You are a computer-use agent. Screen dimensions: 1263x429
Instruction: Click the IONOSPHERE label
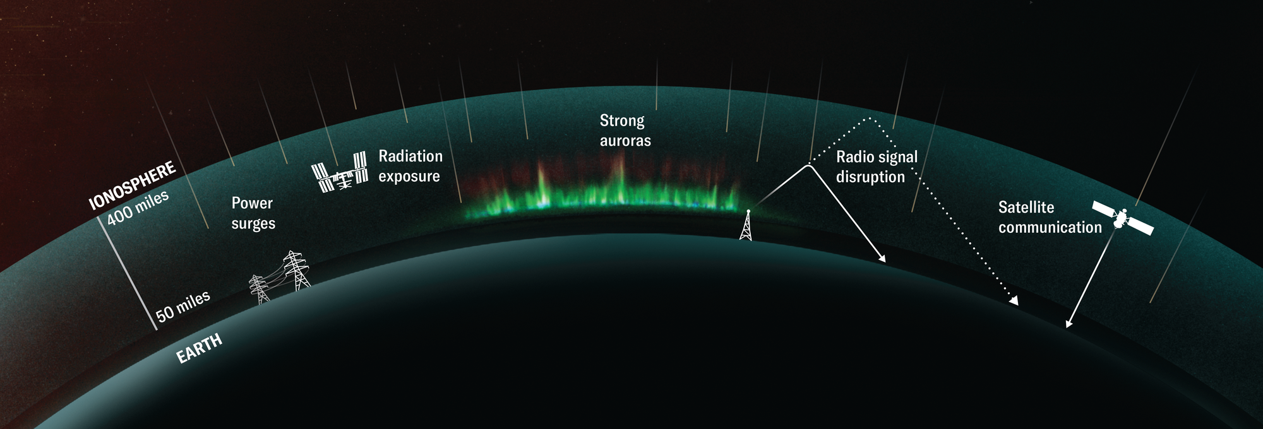click(x=133, y=185)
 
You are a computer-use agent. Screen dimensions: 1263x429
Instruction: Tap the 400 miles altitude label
click(x=138, y=208)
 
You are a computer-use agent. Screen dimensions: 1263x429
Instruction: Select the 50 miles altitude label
click(x=183, y=306)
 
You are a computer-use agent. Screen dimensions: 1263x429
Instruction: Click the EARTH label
click(x=199, y=348)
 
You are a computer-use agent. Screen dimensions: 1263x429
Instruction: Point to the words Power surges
click(x=253, y=213)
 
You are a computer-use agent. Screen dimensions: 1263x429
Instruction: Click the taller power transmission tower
click(x=296, y=270)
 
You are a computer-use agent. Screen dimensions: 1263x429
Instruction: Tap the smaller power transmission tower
click(x=259, y=290)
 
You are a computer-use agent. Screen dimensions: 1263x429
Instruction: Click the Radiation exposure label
click(x=410, y=166)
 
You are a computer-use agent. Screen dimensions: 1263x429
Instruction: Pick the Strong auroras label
click(x=625, y=130)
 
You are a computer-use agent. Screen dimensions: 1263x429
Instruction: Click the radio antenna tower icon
click(x=746, y=225)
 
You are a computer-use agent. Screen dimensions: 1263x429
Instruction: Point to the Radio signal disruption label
click(x=877, y=167)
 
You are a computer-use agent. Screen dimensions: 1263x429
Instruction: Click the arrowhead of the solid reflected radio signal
click(x=882, y=258)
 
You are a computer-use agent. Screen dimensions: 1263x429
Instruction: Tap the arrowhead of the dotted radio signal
click(x=1014, y=301)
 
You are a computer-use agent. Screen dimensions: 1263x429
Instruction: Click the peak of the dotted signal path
click(x=870, y=117)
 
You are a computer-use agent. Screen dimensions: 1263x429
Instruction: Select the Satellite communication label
click(x=1050, y=217)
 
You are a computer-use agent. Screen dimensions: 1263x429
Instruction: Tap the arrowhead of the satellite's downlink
click(x=1068, y=324)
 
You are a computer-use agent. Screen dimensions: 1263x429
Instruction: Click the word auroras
click(x=625, y=140)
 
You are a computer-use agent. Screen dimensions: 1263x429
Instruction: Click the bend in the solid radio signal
click(x=808, y=165)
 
